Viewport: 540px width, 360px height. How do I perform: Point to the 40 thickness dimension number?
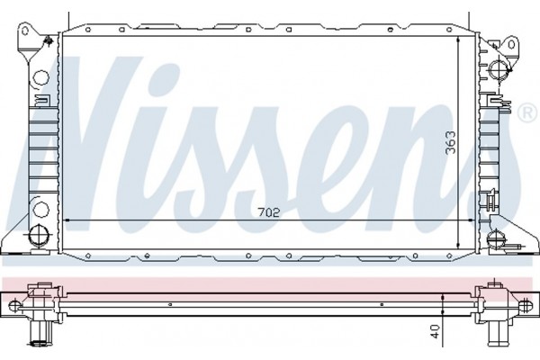[436, 332]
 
